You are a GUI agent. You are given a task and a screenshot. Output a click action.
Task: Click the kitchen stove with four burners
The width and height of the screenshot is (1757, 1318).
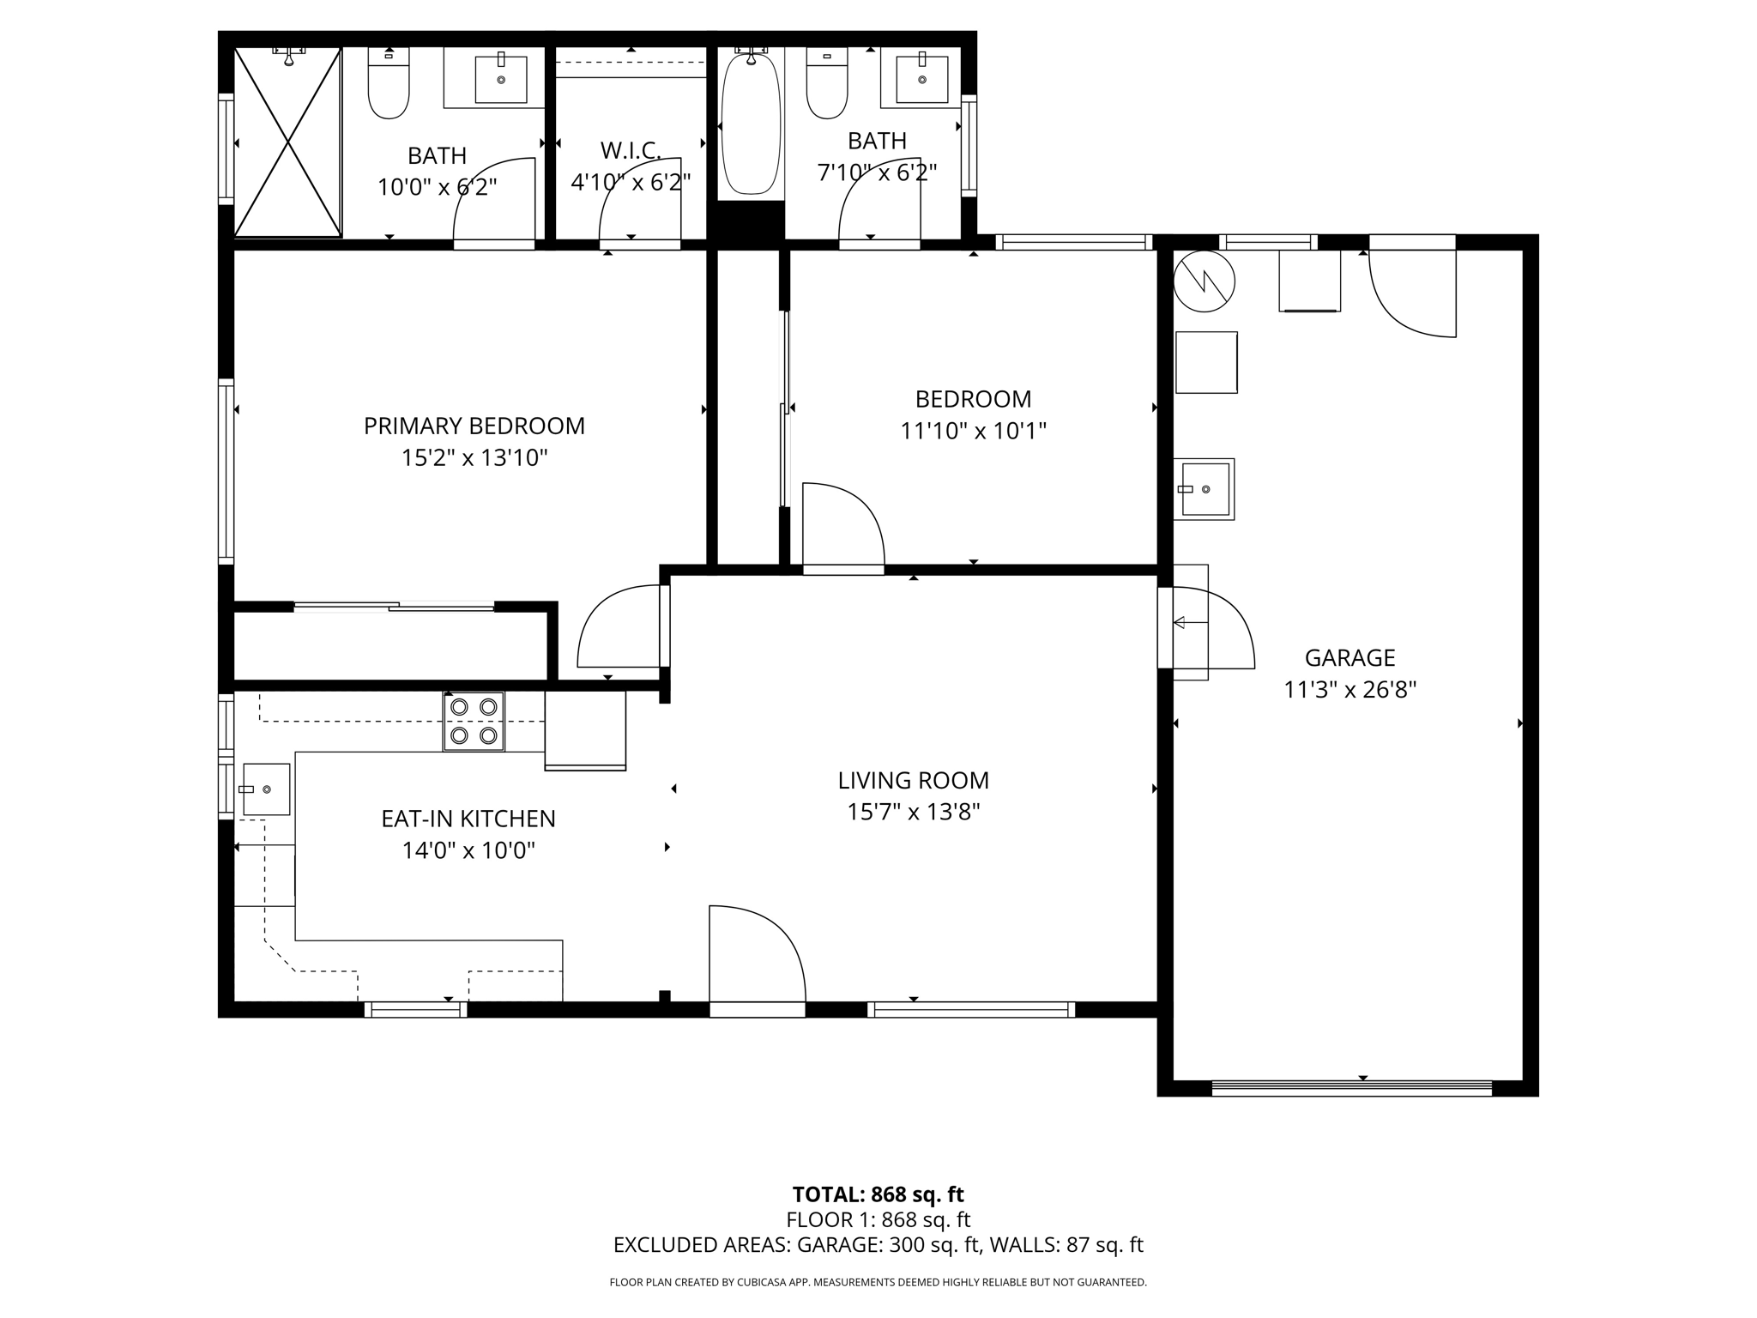[474, 721]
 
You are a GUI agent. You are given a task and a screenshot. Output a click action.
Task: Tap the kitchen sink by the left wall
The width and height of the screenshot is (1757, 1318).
[266, 789]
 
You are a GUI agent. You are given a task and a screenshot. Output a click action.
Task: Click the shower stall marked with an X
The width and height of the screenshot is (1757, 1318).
[288, 142]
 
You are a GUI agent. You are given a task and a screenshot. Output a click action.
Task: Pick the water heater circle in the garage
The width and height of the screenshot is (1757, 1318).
[1205, 281]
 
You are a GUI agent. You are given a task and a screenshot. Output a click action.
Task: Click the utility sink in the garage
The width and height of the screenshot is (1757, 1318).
[1205, 489]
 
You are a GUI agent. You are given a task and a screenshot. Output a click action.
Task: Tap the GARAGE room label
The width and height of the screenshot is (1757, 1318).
[1349, 658]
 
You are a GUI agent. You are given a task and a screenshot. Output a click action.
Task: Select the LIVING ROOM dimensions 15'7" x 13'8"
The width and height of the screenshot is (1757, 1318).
[914, 812]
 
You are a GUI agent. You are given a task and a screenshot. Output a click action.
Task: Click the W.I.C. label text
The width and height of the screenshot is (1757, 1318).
[631, 151]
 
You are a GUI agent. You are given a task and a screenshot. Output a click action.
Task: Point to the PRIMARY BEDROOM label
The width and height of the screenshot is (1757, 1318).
[474, 426]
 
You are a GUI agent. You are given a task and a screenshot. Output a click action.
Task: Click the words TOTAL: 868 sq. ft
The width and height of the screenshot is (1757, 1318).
[878, 1194]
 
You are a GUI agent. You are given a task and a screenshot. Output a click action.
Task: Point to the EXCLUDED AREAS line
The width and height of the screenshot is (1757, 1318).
[878, 1245]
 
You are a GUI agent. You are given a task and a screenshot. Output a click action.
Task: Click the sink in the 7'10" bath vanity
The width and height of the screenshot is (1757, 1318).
[922, 79]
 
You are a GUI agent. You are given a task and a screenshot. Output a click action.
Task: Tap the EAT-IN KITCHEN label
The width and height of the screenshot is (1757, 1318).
[468, 819]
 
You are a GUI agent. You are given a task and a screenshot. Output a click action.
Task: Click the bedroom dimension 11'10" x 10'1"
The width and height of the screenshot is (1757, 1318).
[973, 431]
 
